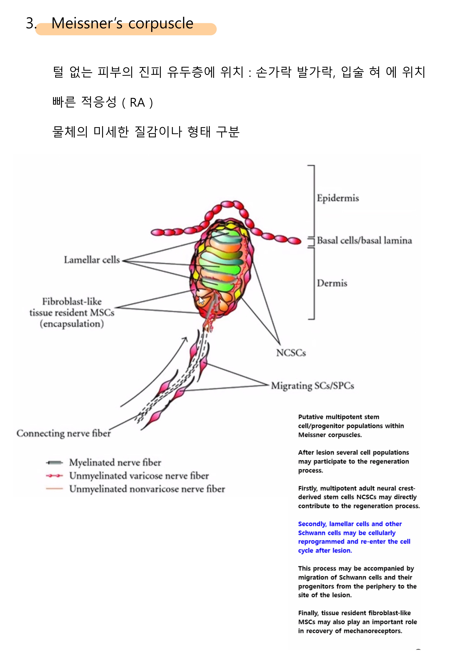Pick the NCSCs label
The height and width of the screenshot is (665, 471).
point(291,353)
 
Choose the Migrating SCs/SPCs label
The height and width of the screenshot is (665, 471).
point(312,386)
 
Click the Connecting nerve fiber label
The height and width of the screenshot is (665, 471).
point(63,433)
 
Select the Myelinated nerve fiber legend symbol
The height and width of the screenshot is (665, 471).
point(54,462)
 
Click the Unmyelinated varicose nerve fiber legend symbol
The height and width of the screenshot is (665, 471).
point(54,476)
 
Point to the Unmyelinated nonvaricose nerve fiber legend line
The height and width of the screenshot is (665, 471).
point(54,489)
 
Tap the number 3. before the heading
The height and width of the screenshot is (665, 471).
point(31,23)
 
